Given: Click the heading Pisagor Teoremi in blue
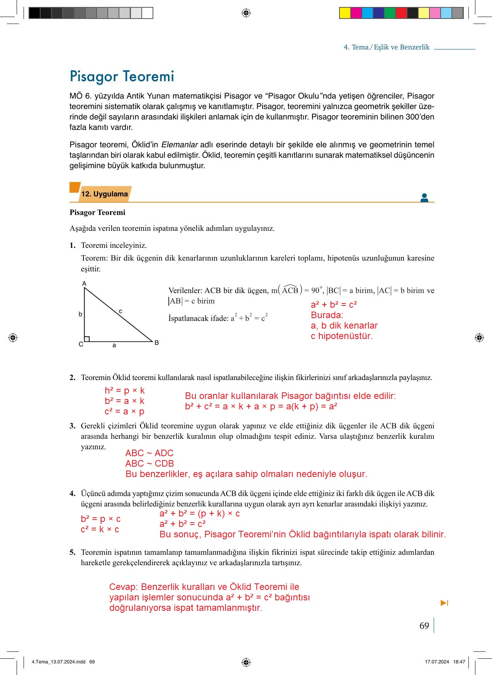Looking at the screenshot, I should (122, 76).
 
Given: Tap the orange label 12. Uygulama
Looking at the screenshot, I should (104, 194).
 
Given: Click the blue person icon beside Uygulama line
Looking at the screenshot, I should (424, 198).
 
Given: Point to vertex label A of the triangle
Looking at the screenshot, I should (84, 284).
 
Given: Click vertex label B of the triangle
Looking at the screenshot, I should (156, 343).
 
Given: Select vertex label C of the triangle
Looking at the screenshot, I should (81, 344).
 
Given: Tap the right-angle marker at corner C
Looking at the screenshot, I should (87, 339).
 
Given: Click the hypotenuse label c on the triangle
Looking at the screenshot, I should (120, 311).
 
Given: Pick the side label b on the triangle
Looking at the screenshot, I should (80, 314).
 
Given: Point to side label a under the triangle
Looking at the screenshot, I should (114, 345).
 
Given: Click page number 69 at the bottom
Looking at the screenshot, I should (424, 626).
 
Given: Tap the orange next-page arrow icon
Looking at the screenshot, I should (444, 603).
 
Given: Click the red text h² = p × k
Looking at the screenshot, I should (124, 390).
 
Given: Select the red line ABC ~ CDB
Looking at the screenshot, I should (149, 464).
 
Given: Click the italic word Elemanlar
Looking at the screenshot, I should (179, 145).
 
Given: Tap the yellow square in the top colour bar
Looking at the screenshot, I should (344, 13).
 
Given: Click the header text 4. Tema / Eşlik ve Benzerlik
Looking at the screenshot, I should (386, 47).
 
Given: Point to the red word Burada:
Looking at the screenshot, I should (327, 315).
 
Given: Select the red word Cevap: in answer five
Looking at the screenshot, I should (124, 587).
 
